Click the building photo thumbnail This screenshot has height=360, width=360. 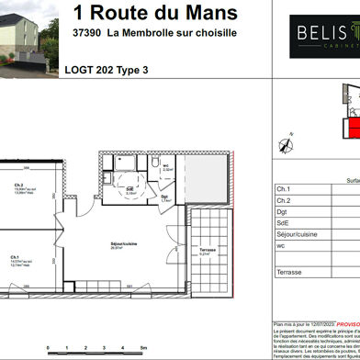(28, 39)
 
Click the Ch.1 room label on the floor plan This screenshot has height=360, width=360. (15, 256)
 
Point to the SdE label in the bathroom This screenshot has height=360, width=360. (130, 190)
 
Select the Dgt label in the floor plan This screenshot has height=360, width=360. (163, 196)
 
